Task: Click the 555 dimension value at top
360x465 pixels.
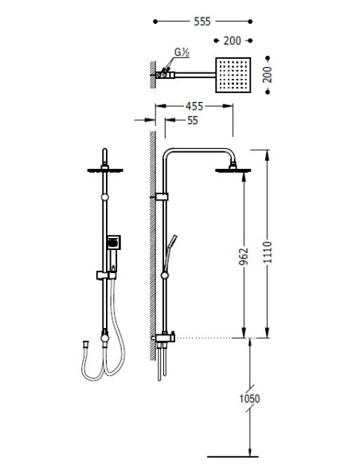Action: [202, 21]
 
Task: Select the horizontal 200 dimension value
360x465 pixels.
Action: [233, 41]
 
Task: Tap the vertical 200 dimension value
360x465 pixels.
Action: [268, 75]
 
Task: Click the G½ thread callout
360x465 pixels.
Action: [182, 53]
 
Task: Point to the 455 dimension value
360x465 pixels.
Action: [194, 106]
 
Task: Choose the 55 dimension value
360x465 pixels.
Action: [193, 121]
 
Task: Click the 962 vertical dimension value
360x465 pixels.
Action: [244, 256]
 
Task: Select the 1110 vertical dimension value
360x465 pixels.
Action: [268, 252]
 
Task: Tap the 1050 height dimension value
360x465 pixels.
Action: [249, 399]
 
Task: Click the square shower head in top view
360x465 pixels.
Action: [233, 75]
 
